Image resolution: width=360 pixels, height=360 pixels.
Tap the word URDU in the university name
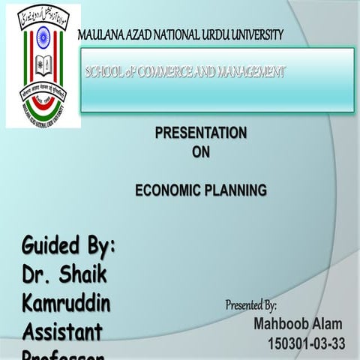pyautogui.click(x=213, y=34)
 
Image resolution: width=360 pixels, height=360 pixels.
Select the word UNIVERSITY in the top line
pyautogui.click(x=256, y=34)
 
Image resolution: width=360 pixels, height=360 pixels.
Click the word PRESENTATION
pyautogui.click(x=200, y=133)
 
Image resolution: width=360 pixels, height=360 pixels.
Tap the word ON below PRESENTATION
pyautogui.click(x=200, y=152)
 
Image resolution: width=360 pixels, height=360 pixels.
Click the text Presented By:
pyautogui.click(x=252, y=305)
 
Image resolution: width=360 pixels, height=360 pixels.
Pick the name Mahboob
pyautogui.click(x=281, y=325)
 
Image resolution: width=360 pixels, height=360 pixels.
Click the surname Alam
pyautogui.click(x=327, y=325)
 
